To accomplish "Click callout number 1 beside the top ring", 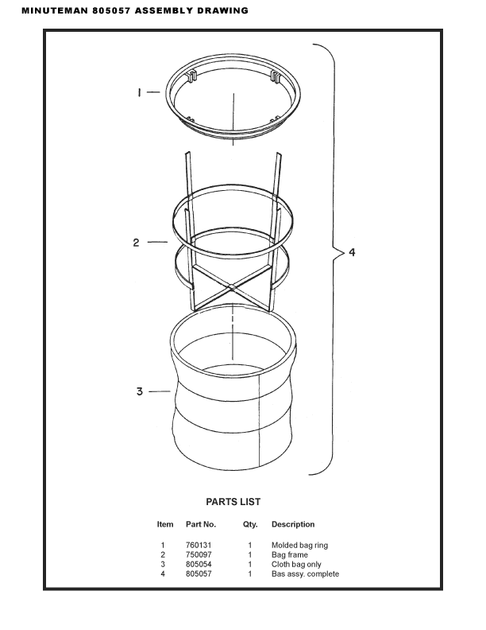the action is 139,92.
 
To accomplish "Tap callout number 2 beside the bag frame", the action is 137,243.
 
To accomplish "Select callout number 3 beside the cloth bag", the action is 140,391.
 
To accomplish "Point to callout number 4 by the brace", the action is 352,252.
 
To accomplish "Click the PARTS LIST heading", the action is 233,502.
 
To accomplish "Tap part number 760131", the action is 199,545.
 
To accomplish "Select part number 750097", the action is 199,555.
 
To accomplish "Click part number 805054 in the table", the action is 199,565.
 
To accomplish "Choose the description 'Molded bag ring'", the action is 299,545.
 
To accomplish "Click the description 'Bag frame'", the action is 290,555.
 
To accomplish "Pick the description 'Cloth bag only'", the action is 296,565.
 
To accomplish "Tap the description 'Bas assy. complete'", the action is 305,574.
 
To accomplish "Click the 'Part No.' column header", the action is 201,524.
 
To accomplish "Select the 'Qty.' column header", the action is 250,525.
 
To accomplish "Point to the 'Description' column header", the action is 293,524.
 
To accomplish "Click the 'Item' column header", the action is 165,524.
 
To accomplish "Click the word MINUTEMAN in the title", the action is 55,11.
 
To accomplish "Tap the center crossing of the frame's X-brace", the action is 231,286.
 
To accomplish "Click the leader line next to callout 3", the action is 160,391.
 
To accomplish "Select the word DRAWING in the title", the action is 222,11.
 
